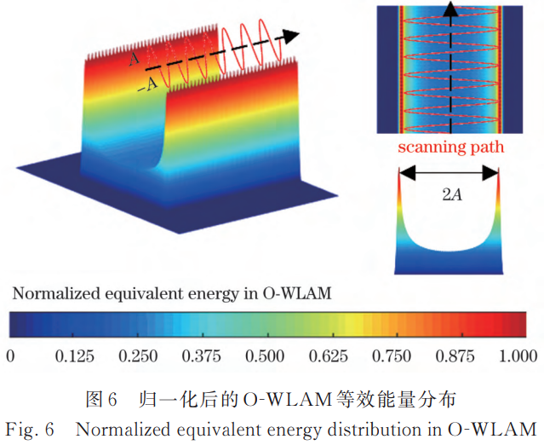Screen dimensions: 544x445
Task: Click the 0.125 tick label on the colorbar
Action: pos(75,356)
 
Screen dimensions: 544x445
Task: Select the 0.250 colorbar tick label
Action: pos(138,356)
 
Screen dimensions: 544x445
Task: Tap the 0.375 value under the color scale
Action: pos(202,356)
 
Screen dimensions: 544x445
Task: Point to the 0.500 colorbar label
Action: pos(265,356)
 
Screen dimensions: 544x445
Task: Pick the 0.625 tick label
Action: pos(329,356)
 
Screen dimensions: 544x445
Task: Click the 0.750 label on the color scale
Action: pos(392,356)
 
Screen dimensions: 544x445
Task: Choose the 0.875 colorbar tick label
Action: pos(455,356)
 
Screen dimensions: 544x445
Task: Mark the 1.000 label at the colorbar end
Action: pos(518,356)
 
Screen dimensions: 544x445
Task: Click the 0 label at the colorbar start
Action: pos(10,356)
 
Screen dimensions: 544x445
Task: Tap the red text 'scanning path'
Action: pos(450,147)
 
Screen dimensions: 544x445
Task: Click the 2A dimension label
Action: pos(452,194)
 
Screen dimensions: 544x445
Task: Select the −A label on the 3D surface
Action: pos(148,85)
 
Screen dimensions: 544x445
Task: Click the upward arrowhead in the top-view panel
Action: pos(450,9)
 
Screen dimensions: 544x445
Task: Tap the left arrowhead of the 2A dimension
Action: pos(407,173)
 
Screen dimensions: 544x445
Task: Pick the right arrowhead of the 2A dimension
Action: pos(491,173)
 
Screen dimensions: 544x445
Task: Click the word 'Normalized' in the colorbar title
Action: pos(56,293)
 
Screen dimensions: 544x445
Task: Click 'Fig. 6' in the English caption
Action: pos(30,430)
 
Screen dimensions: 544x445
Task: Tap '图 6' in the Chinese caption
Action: pos(101,400)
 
